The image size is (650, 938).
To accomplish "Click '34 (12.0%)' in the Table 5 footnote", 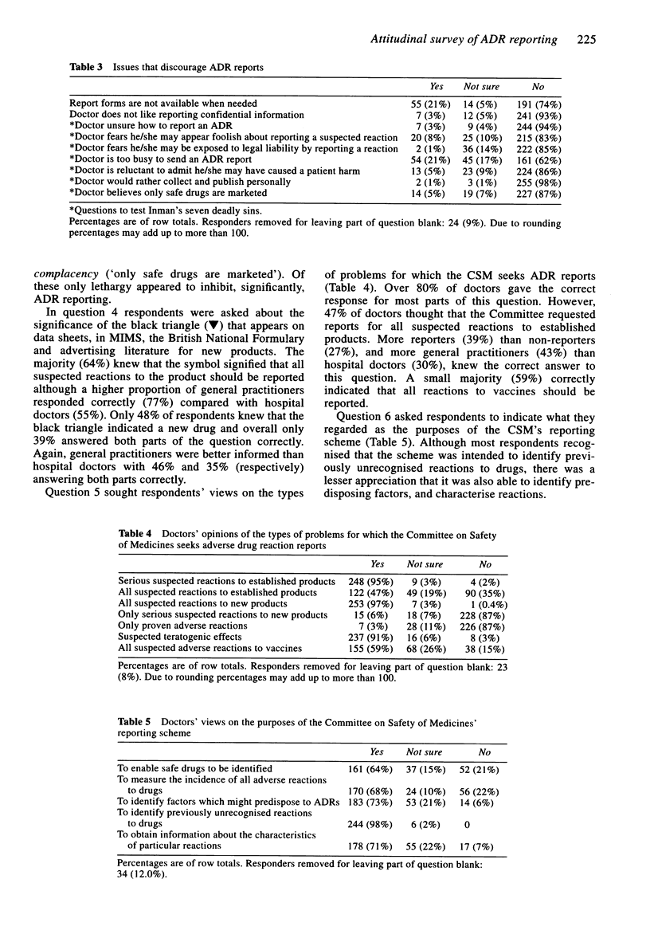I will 147,871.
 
